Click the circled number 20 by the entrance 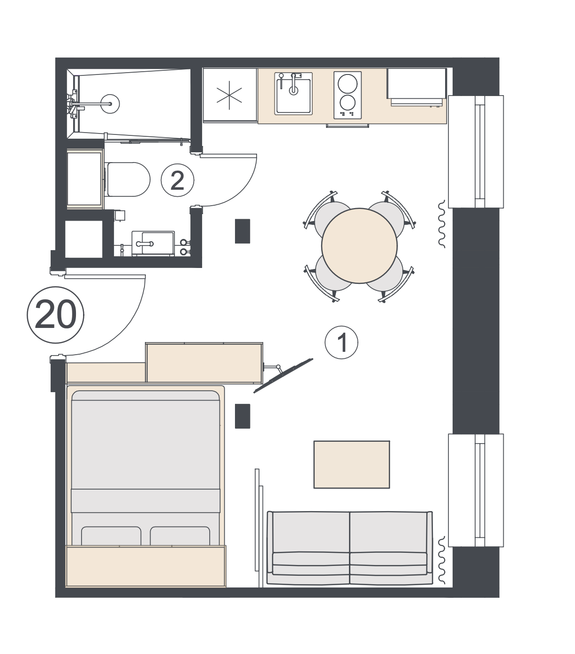point(55,315)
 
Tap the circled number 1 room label point(341,342)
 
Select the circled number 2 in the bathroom point(177,180)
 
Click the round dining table point(359,245)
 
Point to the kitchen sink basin point(293,96)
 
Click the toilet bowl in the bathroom point(129,179)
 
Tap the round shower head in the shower point(110,104)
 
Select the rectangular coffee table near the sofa point(351,464)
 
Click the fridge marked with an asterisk point(229,95)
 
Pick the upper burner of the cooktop point(348,84)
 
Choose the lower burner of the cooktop point(348,103)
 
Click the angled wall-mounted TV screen point(283,375)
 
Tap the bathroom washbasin point(153,244)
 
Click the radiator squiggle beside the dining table point(441,224)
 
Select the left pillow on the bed point(111,536)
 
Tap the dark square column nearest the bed point(242,416)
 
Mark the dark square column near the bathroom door point(242,231)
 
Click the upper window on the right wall point(476,152)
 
